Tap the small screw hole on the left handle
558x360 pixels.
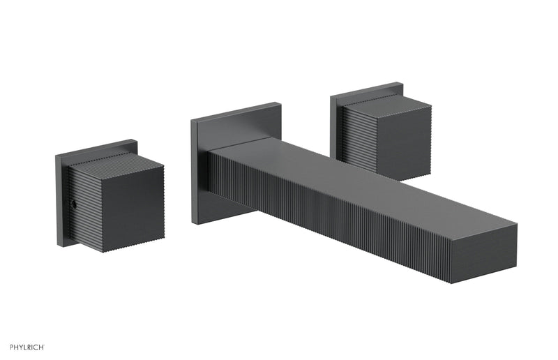click(72, 205)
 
